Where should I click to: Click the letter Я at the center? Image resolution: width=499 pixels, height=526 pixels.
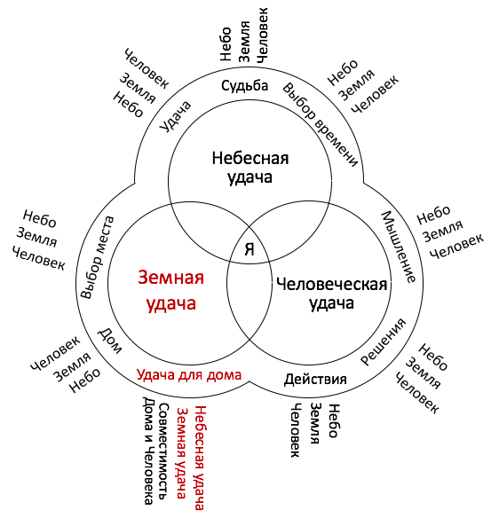[249, 249]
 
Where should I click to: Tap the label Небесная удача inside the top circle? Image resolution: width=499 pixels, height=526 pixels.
[250, 168]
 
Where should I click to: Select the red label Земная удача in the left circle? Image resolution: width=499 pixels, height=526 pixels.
[171, 291]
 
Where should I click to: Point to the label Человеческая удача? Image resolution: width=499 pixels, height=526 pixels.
[331, 294]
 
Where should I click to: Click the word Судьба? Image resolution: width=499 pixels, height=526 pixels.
[244, 85]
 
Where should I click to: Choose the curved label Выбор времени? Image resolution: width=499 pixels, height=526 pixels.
[320, 124]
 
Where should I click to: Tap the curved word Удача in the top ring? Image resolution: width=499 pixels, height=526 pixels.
[175, 116]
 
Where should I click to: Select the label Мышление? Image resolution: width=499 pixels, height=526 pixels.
[399, 247]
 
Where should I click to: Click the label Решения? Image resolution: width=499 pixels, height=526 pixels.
[384, 342]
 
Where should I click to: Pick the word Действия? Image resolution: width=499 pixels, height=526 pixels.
[315, 380]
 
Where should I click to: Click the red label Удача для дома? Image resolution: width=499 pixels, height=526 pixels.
[189, 374]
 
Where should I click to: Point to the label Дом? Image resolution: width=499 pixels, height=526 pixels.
[109, 342]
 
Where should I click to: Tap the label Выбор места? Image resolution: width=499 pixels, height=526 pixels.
[98, 257]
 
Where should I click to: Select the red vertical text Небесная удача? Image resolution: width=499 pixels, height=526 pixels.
[200, 458]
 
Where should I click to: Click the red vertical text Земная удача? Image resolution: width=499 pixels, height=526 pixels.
[182, 453]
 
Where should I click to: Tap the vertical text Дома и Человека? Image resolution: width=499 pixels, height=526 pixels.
[148, 451]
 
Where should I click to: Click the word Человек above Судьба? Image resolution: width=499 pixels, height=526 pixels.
[263, 35]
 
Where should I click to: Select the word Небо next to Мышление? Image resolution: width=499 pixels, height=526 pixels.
[433, 215]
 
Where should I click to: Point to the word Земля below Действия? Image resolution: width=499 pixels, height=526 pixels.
[314, 423]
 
